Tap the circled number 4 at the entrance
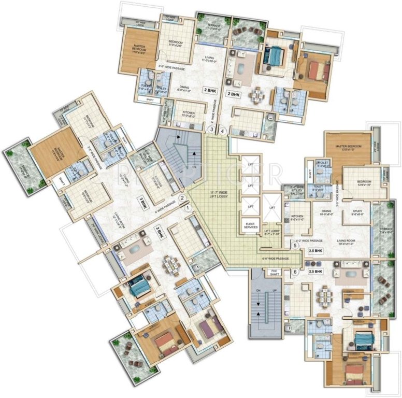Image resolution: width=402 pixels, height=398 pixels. pos(222,131)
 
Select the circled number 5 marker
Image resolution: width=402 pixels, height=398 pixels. pos(296,246)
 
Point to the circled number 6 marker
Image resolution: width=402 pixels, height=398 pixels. pos(296,272)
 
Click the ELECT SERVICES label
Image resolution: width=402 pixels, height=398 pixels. pos(250,225)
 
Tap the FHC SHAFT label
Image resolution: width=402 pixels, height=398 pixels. pos(272,273)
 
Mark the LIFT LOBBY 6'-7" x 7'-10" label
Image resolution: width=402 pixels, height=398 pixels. pos(272,232)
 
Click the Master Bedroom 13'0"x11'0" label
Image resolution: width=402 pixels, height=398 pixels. pos(348,147)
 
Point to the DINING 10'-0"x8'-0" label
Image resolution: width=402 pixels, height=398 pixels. pos(325,212)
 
